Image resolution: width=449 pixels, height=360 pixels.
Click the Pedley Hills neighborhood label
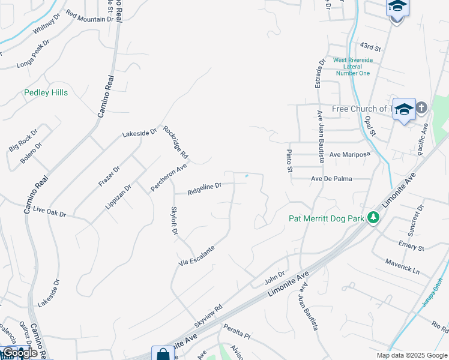coord(46,93)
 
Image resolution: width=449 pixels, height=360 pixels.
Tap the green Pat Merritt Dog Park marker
coord(373,217)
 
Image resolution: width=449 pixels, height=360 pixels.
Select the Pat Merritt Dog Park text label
coord(326,218)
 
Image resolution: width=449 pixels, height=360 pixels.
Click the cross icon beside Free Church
coord(421,108)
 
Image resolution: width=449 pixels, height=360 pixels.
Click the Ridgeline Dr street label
coord(204,190)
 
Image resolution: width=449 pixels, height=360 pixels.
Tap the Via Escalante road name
coord(196,256)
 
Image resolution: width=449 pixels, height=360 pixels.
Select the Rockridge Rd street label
coord(176,142)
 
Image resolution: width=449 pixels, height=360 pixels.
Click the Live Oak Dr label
coord(49,211)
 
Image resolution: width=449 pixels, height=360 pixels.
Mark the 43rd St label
coord(371,46)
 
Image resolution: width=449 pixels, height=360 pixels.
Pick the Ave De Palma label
coord(340,179)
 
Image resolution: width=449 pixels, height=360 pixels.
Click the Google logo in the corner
coord(20,352)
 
